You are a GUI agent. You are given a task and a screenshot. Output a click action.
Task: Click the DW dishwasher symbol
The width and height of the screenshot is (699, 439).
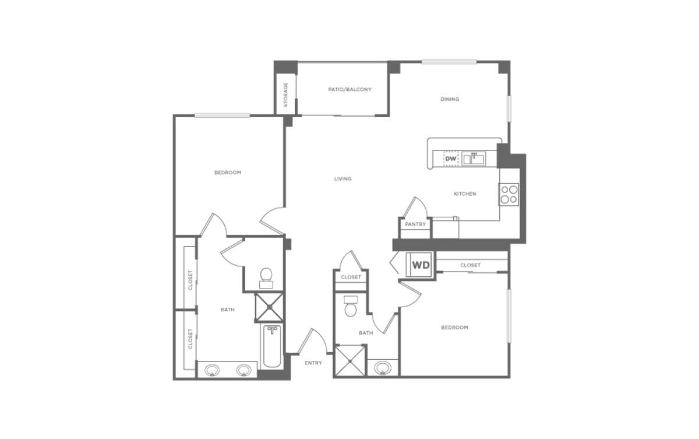pos(451,158)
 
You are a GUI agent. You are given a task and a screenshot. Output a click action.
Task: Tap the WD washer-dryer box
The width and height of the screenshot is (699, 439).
pos(421,265)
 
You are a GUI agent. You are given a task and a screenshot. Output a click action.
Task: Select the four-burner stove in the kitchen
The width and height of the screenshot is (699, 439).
pos(509,194)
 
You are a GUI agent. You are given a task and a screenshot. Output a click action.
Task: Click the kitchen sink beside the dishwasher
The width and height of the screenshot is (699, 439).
pos(474,158)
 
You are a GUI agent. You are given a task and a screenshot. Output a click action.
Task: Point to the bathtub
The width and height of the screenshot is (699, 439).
pos(271,346)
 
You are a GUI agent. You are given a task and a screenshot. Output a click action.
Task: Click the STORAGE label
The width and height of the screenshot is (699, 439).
pos(286,95)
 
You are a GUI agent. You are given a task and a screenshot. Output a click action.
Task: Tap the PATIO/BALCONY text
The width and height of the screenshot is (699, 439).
pos(349,89)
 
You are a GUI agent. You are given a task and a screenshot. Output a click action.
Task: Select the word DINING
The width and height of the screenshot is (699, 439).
pos(450,99)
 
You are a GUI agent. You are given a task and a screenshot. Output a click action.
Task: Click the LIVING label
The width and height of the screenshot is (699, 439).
pos(343,178)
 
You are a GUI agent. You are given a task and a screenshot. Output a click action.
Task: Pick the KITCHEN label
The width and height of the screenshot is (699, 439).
pos(465,194)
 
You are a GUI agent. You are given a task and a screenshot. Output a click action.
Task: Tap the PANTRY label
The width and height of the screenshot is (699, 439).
pos(415,224)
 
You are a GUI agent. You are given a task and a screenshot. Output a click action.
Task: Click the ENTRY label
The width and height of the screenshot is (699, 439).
pos(313,363)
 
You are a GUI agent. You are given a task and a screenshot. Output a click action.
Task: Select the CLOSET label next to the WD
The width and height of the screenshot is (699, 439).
pos(470,265)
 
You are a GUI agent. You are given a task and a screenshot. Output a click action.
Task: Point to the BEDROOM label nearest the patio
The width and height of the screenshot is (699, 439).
pos(228,173)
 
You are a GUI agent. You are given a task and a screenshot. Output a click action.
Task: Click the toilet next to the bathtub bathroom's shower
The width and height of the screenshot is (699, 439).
pos(267,276)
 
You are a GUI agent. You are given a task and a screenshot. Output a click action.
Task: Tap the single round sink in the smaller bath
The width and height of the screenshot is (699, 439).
pos(383,368)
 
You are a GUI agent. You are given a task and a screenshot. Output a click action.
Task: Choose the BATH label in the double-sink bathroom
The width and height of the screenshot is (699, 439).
pos(227,310)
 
